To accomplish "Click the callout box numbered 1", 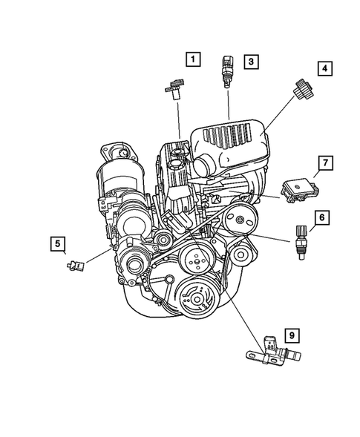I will coord(193,59).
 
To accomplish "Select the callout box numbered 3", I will coord(252,62).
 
